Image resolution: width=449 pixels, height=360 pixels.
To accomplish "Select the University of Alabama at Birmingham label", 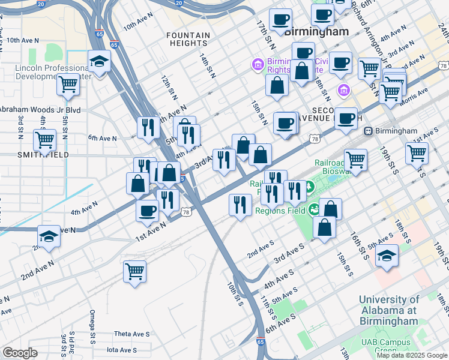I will point(388,310).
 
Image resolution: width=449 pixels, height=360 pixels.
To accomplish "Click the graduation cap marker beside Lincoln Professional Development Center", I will point(99,61).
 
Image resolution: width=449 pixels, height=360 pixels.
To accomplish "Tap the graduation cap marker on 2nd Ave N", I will point(49,236).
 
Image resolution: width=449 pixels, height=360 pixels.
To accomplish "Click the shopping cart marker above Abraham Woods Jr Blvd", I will point(68,85).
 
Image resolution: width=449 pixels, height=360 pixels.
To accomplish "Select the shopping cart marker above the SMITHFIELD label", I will point(45,140).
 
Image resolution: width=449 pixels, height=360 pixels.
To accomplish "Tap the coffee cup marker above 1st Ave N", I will point(148,211).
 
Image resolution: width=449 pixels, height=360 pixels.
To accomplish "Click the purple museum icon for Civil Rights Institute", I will point(258,64).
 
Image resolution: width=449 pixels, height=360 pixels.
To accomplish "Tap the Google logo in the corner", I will point(20,353).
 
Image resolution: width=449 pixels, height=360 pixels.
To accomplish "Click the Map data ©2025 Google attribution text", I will point(411,355).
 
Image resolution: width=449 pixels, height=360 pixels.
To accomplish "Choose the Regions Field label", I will point(280,211).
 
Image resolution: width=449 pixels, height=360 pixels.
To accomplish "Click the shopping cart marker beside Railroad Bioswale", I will point(355,160).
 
